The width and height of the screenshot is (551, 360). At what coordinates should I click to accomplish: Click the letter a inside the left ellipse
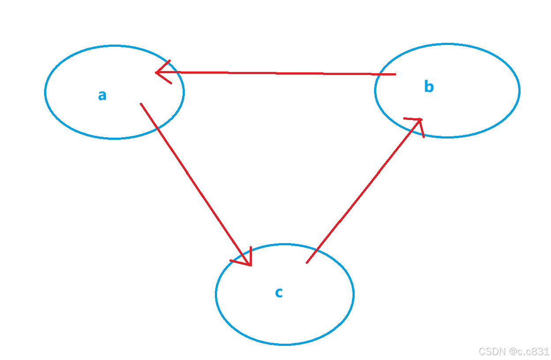[x=102, y=95]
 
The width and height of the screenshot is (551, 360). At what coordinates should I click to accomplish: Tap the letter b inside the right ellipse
[x=429, y=87]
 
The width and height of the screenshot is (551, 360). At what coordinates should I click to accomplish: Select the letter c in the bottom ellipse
[x=279, y=292]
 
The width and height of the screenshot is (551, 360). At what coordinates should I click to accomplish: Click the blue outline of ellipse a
[x=114, y=138]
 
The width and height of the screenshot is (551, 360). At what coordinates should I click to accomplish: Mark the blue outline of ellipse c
[x=285, y=344]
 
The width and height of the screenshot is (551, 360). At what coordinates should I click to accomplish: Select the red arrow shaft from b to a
[x=276, y=73]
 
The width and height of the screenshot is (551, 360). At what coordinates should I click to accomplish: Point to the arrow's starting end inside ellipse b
[x=395, y=75]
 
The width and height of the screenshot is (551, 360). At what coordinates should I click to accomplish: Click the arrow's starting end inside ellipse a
[x=141, y=104]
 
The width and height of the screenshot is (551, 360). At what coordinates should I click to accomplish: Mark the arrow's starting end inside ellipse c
[x=307, y=263]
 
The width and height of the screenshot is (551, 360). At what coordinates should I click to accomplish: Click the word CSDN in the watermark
[x=492, y=351]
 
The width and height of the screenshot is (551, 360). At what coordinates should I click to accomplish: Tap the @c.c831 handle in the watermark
[x=529, y=351]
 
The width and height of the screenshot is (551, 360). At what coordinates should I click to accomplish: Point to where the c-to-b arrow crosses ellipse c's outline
[x=317, y=250]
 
